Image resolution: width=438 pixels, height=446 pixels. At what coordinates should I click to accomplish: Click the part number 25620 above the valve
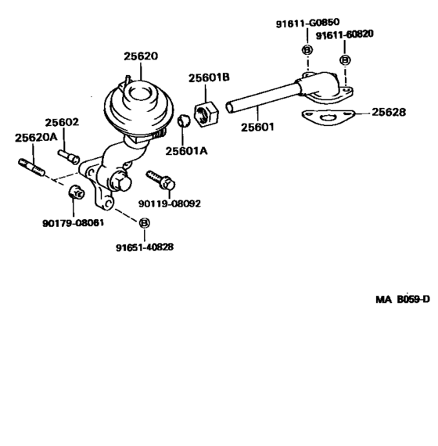click(141, 56)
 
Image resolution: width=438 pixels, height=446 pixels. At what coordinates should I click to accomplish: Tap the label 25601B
click(208, 77)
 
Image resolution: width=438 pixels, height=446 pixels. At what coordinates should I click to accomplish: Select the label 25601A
click(185, 151)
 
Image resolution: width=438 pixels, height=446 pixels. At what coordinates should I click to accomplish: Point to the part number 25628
click(388, 113)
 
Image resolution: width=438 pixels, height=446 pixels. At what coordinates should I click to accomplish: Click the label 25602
click(62, 122)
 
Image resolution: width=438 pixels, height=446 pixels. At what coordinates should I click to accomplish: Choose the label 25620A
click(36, 138)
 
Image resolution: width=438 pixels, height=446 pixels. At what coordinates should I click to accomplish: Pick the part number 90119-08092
click(170, 203)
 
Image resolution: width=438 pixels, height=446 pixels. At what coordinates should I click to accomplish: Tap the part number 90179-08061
click(73, 223)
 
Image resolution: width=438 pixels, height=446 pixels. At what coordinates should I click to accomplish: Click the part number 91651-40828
click(145, 246)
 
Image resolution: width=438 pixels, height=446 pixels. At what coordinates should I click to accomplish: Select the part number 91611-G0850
click(307, 24)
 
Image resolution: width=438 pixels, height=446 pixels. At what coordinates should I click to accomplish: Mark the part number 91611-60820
click(345, 35)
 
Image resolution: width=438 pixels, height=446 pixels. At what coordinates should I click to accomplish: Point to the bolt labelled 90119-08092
click(161, 179)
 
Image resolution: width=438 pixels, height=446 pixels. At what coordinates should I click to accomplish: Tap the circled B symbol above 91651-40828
click(144, 224)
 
